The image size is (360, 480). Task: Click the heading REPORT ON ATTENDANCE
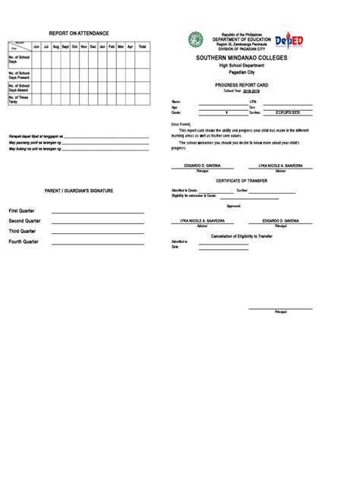(x=79, y=34)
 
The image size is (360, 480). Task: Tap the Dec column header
(x=93, y=47)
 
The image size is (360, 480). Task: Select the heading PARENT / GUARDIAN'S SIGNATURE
(x=79, y=191)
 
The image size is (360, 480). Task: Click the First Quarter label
(x=22, y=210)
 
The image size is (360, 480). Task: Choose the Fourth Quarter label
(x=24, y=242)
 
